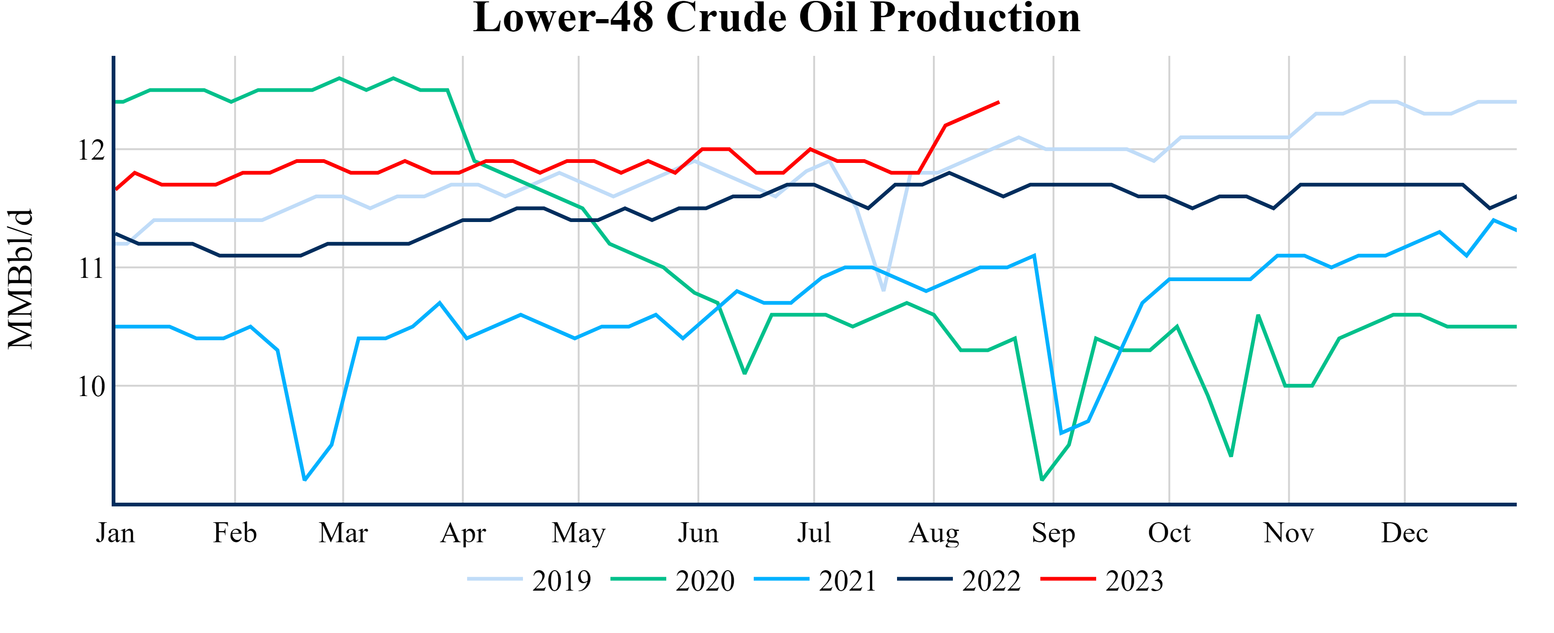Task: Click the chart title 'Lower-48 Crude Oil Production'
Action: pos(777,18)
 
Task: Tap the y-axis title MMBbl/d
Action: pos(20,279)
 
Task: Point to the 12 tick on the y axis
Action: pos(91,150)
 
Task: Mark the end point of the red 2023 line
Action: pos(999,102)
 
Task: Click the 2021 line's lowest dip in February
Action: pos(305,480)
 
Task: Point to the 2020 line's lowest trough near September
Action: pos(1042,480)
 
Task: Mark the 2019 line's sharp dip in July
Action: pos(884,291)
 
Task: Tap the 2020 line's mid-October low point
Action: pos(1231,456)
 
